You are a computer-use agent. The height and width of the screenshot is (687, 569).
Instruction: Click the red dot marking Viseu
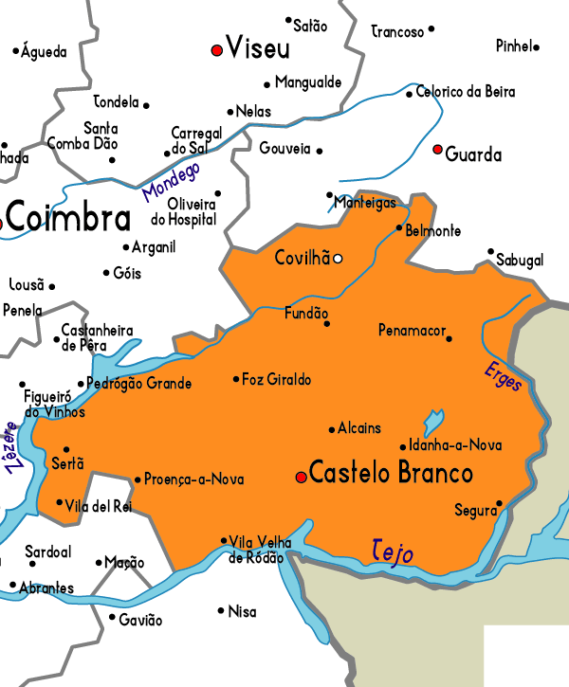pos(217,49)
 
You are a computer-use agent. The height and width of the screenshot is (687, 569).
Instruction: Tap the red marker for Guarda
pos(437,150)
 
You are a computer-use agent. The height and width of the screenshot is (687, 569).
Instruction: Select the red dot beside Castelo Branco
pos(301,477)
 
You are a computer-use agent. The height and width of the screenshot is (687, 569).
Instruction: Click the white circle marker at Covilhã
pos(338,258)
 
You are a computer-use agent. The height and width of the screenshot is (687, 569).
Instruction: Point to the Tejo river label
pos(393,551)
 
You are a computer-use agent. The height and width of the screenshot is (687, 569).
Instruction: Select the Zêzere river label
pos(14,447)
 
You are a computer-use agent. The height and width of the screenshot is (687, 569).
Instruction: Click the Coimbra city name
pos(68,218)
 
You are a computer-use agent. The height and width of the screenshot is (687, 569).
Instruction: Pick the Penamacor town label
pos(411,331)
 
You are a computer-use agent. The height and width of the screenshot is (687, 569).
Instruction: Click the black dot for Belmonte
pos(399,227)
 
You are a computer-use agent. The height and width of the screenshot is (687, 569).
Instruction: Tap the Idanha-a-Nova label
pos(455,444)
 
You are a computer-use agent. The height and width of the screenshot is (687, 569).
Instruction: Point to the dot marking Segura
pos(499,504)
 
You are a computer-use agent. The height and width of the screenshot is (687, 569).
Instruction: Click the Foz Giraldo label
pos(276,379)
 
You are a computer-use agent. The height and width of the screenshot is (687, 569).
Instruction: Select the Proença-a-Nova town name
pos(193,479)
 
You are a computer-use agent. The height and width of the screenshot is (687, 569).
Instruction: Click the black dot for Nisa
pos(220,610)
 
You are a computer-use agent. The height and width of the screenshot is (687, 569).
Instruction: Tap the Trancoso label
pos(397,32)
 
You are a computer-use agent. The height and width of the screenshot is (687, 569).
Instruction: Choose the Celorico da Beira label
pos(466,92)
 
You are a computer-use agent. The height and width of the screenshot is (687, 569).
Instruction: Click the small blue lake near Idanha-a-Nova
pos(432,421)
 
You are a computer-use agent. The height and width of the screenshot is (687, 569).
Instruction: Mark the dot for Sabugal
pos(490,252)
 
